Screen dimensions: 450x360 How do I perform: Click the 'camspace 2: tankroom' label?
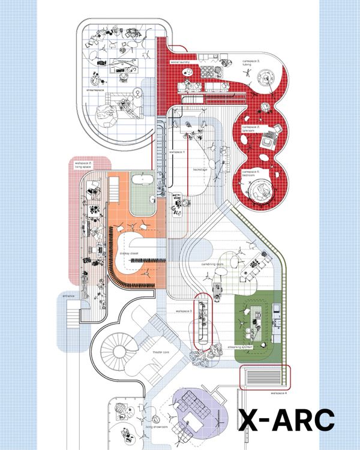tap(251, 128)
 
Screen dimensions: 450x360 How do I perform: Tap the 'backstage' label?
tap(200, 169)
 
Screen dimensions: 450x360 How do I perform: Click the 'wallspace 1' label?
tap(176, 152)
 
